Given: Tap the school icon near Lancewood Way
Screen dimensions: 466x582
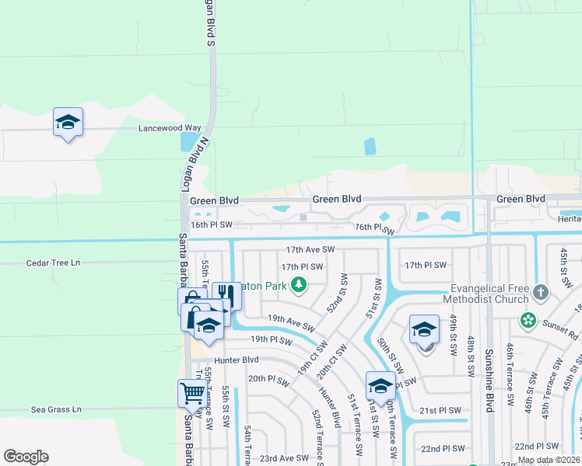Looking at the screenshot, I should [x=68, y=122].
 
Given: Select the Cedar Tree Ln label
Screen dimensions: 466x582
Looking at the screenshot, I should [x=54, y=263].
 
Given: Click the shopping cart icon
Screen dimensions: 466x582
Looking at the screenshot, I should [x=191, y=393].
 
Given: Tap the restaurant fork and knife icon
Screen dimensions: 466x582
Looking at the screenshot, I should [x=226, y=295].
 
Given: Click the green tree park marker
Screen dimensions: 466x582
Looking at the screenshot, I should [x=298, y=286].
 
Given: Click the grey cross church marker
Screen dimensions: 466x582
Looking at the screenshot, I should [x=542, y=293].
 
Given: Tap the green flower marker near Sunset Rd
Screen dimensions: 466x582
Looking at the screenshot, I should [x=528, y=320].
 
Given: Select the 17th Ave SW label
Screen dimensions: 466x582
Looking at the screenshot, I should [x=310, y=250].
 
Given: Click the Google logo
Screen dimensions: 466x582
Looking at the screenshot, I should [x=26, y=457].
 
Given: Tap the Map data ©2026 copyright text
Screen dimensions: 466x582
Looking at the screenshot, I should [x=549, y=460].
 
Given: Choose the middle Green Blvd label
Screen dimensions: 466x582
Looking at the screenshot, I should [x=337, y=200].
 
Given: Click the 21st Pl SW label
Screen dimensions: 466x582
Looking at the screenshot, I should [x=440, y=410].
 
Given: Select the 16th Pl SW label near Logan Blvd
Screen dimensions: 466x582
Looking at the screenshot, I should [x=212, y=224].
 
